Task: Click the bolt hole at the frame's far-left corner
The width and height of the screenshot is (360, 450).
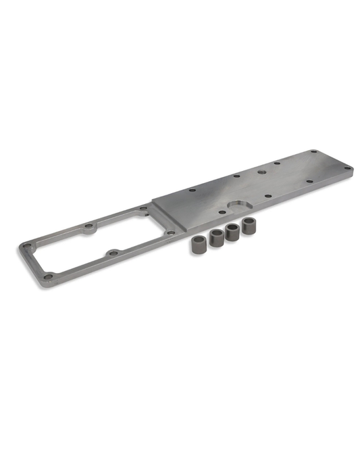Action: [x=26, y=246]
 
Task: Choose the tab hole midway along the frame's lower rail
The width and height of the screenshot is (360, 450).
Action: [x=113, y=253]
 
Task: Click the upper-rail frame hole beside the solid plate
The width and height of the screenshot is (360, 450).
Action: [x=143, y=209]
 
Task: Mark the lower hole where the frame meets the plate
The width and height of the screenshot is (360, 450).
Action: [x=171, y=232]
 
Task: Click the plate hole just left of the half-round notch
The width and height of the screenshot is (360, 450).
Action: [x=218, y=211]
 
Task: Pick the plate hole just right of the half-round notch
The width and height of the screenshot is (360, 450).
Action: [x=268, y=197]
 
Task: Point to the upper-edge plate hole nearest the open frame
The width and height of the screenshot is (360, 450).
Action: [x=192, y=191]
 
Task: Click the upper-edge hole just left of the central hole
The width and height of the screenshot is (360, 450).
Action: [x=236, y=177]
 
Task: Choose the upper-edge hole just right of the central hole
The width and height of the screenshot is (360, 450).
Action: [x=278, y=164]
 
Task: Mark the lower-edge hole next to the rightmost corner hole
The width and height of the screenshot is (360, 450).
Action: [x=309, y=182]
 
